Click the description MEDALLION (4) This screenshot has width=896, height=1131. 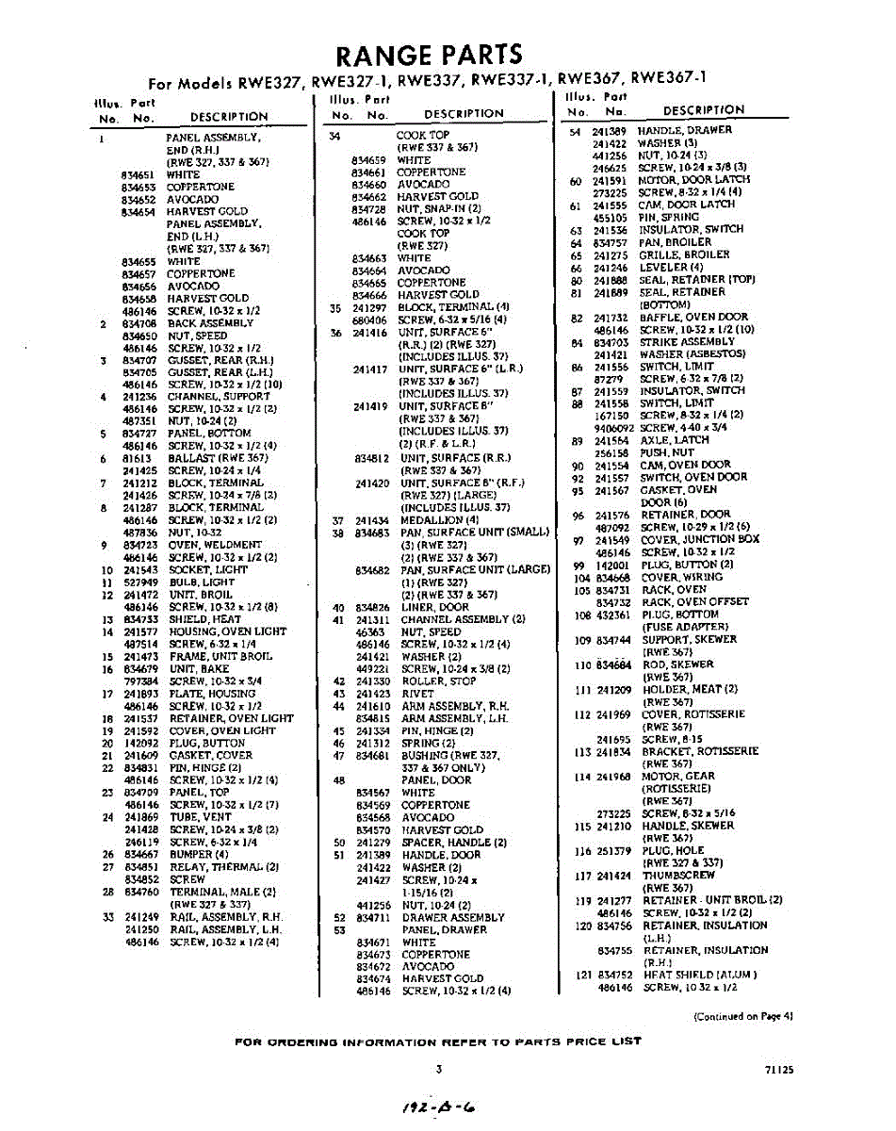tap(432, 520)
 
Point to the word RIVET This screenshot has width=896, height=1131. tap(417, 694)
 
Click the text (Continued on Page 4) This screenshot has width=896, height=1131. tap(743, 1017)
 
